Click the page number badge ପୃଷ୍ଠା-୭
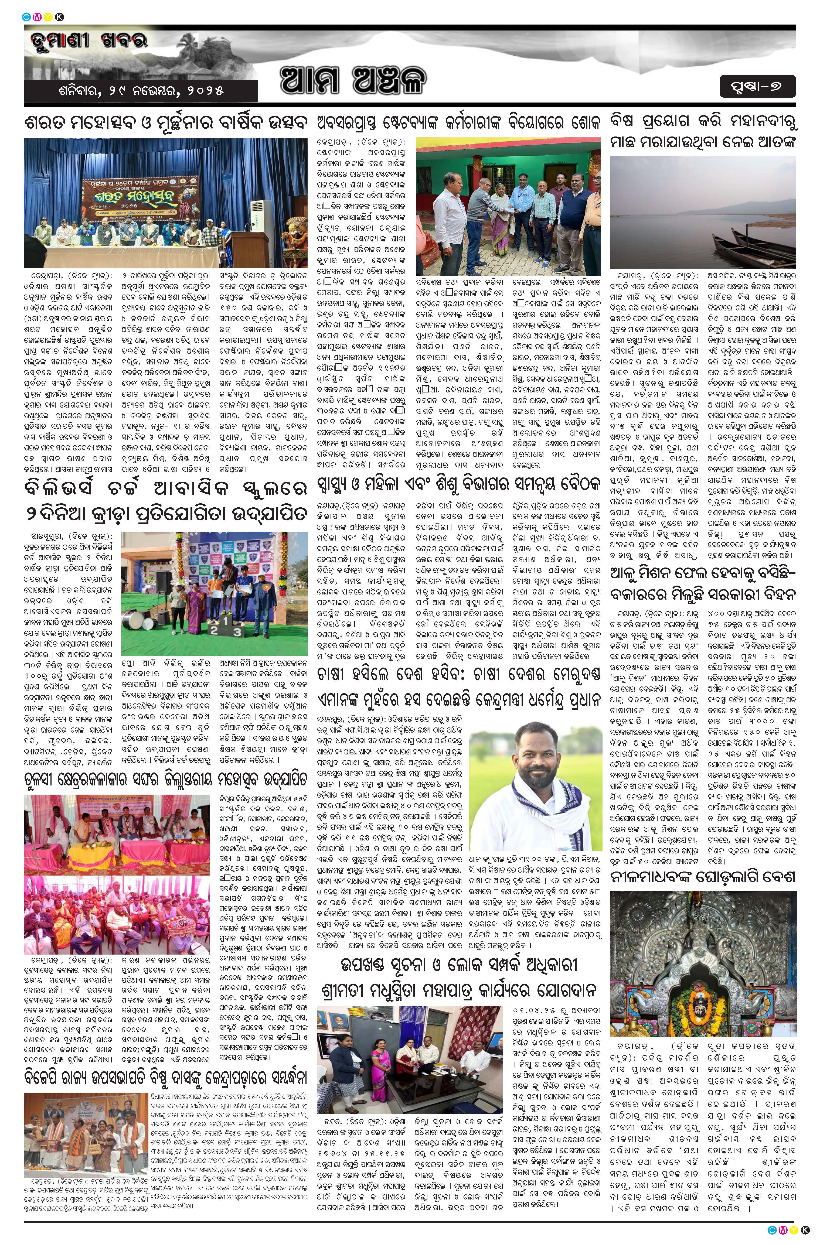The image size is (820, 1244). [757, 87]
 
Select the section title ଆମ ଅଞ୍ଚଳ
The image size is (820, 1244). [353, 81]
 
